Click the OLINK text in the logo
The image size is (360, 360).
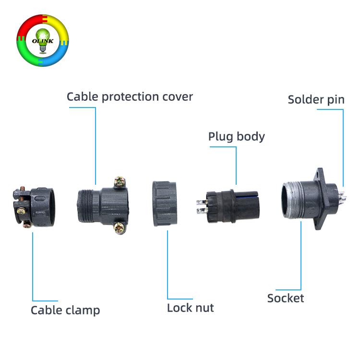pyautogui.click(x=42, y=41)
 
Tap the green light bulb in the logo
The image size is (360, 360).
pyautogui.click(x=43, y=41)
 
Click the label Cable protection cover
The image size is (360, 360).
pyautogui.click(x=130, y=97)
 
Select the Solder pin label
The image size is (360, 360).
pyautogui.click(x=316, y=100)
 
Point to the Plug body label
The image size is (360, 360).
pyautogui.click(x=237, y=137)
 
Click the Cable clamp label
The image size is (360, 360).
pyautogui.click(x=65, y=311)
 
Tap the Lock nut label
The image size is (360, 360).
pyautogui.click(x=191, y=308)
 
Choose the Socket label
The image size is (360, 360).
pyautogui.click(x=286, y=298)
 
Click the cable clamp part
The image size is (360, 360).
pyautogui.click(x=34, y=207)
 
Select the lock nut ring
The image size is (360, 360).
pyautogui.click(x=165, y=204)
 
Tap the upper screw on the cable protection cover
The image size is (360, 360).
pyautogui.click(x=120, y=182)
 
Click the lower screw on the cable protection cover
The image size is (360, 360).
pyautogui.click(x=120, y=228)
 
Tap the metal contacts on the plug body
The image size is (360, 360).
pyautogui.click(x=202, y=206)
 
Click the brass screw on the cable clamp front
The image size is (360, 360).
pyautogui.click(x=21, y=211)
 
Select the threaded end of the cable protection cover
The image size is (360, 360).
pyautogui.click(x=85, y=206)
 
